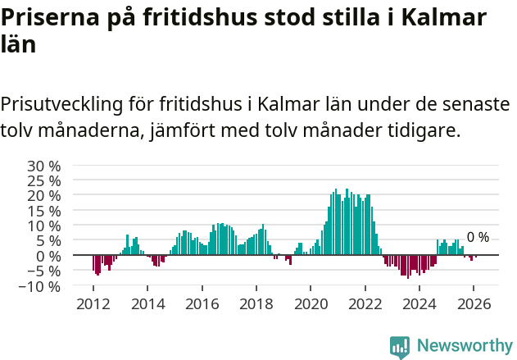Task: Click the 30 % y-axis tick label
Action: pos(45,166)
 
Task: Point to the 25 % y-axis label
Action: pos(45,180)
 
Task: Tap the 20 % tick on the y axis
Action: pos(45,196)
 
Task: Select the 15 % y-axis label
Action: pos(45,211)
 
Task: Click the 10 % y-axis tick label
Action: pos(45,226)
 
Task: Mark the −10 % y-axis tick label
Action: pos(41,287)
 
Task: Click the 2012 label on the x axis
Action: pos(93,303)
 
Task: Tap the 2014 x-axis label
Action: pos(147,303)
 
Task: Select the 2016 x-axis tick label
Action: pos(202,303)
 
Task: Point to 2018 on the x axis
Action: pos(256,303)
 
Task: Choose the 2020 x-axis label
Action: pos(311,303)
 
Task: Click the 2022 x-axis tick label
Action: pos(365,303)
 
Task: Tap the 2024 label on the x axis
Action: pos(419,303)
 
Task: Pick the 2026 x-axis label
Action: pos(474,303)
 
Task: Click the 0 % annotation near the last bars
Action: pos(478,238)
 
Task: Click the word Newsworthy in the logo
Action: pos(464,346)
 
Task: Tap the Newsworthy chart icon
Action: pos(400,347)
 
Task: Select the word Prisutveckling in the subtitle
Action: pos(61,105)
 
